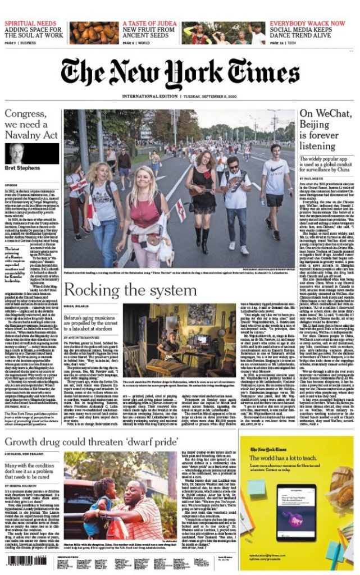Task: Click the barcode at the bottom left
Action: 26,560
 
